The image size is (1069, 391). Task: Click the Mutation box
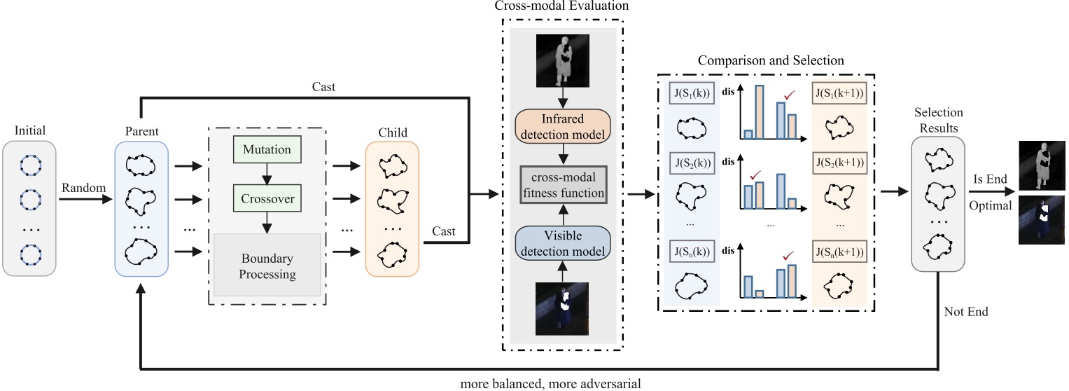pyautogui.click(x=266, y=149)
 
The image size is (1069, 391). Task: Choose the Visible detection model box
pyautogui.click(x=563, y=242)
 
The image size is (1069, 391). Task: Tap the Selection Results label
pyautogui.click(x=938, y=119)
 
